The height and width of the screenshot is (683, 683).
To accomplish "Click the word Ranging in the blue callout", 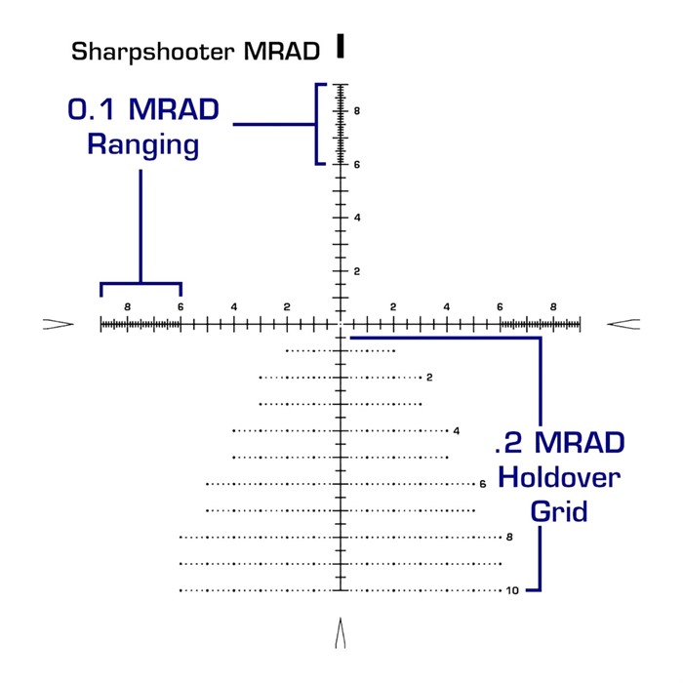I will click(x=142, y=146).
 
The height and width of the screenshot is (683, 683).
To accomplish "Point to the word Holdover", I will click(x=559, y=477).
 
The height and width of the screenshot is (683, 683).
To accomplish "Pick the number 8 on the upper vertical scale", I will click(x=358, y=111).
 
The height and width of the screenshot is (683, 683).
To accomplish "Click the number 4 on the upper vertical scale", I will click(x=358, y=218).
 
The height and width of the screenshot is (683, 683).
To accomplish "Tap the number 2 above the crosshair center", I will click(x=358, y=271).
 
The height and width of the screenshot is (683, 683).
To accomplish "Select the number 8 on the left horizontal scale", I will click(x=127, y=307).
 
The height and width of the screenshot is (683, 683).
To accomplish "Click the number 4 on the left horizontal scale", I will click(x=234, y=307).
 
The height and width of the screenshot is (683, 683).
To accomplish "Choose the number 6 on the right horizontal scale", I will click(x=501, y=307).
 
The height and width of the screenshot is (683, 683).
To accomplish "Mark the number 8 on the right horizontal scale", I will click(x=553, y=307).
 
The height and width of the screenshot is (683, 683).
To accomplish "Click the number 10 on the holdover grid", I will click(x=512, y=590).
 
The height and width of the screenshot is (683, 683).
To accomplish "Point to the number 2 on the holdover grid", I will click(x=429, y=378).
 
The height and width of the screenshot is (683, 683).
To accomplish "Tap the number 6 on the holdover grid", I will click(x=483, y=484).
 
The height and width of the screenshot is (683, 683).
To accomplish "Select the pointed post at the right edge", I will click(x=623, y=324).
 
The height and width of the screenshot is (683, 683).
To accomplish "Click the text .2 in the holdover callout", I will click(x=508, y=444).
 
